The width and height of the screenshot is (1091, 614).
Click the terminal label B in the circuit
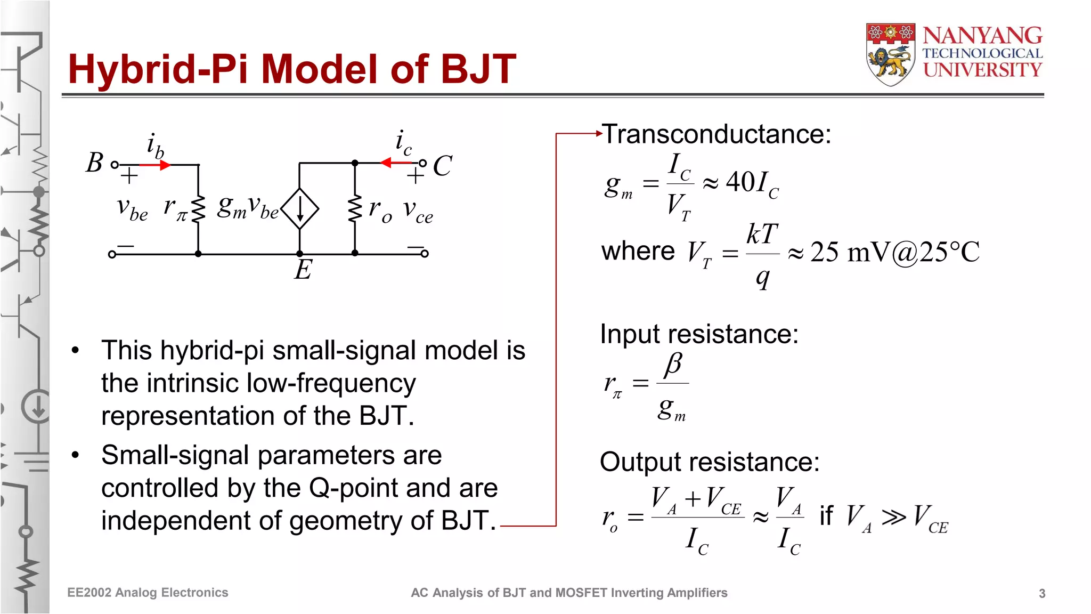click(95, 163)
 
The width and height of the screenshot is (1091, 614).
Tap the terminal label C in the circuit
click(442, 166)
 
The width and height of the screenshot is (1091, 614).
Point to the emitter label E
click(303, 270)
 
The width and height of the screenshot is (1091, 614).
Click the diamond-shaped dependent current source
click(300, 208)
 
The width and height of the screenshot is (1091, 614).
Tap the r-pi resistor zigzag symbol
click(198, 209)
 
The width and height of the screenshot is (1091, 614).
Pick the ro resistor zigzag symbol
click(355, 209)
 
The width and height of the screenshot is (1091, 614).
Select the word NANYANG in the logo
click(982, 36)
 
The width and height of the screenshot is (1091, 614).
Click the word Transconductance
click(716, 134)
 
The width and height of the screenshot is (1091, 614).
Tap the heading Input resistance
click(699, 334)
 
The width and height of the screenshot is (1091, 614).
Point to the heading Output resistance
click(709, 462)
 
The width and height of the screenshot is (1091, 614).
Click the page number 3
click(1042, 593)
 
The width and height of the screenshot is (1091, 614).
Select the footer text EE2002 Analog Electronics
click(148, 593)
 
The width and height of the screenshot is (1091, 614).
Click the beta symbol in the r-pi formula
click(673, 365)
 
